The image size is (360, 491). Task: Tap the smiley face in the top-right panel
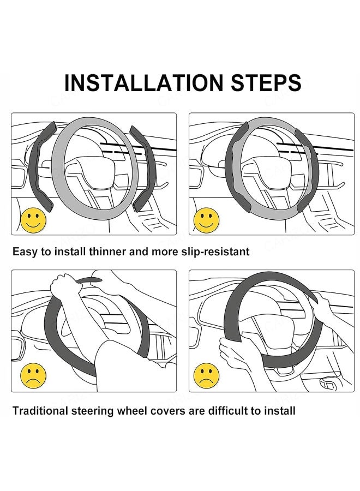(x=207, y=220)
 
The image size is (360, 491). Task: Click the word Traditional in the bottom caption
(x=43, y=410)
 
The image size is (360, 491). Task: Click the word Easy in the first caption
(x=25, y=252)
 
